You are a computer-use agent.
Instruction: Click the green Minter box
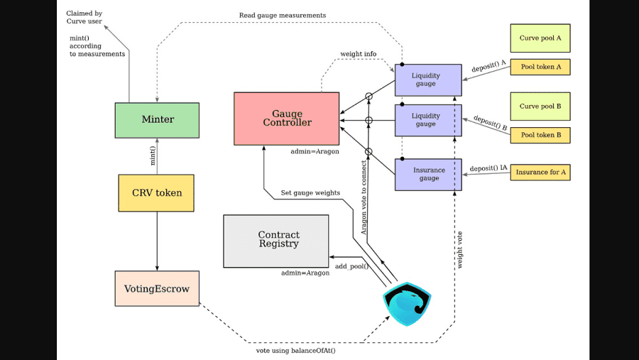pyautogui.click(x=157, y=120)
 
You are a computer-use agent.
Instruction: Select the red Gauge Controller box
pyautogui.click(x=287, y=118)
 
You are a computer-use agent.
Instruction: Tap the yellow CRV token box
pyautogui.click(x=156, y=192)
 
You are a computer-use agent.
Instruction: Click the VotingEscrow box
pyautogui.click(x=157, y=288)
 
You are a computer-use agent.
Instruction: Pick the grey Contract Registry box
pyautogui.click(x=276, y=241)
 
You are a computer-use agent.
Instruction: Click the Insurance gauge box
pyautogui.click(x=428, y=175)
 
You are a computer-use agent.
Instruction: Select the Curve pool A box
pyautogui.click(x=540, y=38)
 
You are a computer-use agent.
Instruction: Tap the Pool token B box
pyautogui.click(x=540, y=135)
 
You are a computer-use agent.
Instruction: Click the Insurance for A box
pyautogui.click(x=540, y=172)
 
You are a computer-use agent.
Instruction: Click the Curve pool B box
pyautogui.click(x=540, y=107)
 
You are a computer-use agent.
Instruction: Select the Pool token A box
pyautogui.click(x=540, y=67)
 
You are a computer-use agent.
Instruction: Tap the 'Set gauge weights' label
pyautogui.click(x=310, y=192)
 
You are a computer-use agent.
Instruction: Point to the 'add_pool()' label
pyautogui.click(x=352, y=266)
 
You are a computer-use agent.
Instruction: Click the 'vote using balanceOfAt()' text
pyautogui.click(x=295, y=350)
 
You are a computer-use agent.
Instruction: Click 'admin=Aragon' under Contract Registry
pyautogui.click(x=305, y=273)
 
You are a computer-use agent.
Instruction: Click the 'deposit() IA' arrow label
pyautogui.click(x=488, y=168)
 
